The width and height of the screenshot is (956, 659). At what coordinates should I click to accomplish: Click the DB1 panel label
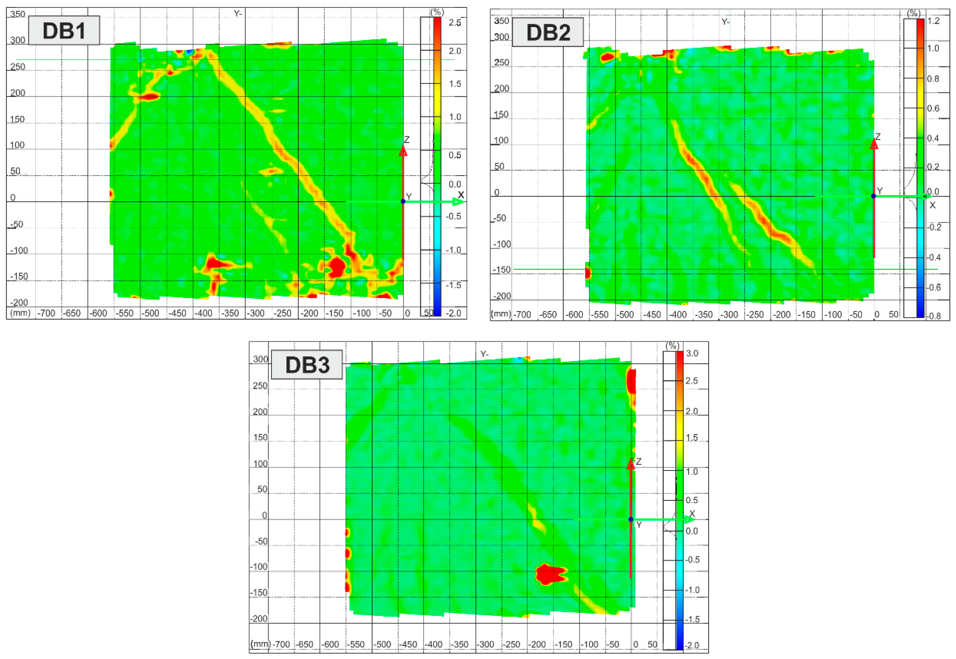point(64,31)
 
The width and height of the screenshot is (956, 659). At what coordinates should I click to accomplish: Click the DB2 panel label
point(548,32)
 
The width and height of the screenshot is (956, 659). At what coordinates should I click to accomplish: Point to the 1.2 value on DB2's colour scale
point(933,21)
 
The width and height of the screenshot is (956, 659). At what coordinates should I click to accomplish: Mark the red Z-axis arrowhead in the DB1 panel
point(403,151)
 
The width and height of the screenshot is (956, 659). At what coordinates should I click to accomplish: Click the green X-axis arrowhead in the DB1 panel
point(458,202)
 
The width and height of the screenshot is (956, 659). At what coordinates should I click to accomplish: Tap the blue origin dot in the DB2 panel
point(873,196)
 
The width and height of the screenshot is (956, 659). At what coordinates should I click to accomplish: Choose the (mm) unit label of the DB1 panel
point(20,312)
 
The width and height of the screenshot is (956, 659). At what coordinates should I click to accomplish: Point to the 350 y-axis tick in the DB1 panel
point(18,14)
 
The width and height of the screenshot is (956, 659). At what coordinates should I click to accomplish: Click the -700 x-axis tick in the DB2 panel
point(522,315)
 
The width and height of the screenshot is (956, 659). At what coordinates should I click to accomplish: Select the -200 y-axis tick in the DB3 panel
point(259,618)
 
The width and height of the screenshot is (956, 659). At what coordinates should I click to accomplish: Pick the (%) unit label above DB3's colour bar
point(672,346)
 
